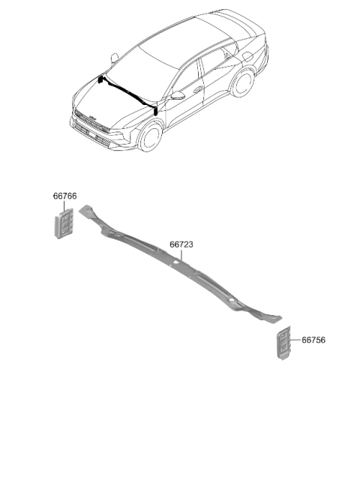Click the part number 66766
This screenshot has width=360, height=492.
pos(64,196)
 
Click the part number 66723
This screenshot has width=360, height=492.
pos(181,244)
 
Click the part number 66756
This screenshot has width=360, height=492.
pos(313,340)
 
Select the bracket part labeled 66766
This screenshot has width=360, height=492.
pos(64,223)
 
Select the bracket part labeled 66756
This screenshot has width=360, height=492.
pos(283,343)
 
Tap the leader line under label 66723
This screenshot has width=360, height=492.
pos(181,255)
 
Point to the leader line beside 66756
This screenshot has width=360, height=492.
pos(295,340)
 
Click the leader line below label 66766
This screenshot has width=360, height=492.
pos(64,205)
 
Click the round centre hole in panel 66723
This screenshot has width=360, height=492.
pos(176,261)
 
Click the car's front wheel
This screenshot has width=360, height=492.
pos(151,136)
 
